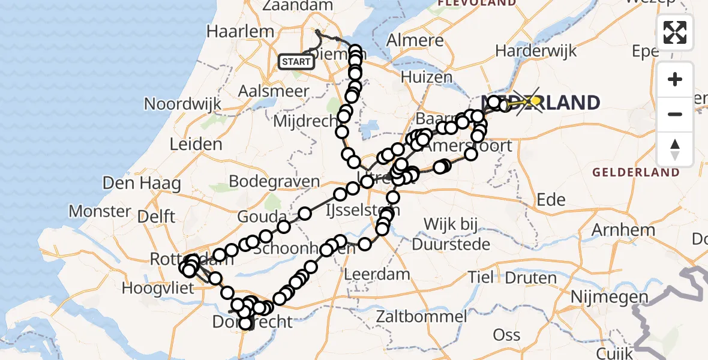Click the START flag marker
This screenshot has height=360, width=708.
pyautogui.click(x=296, y=62)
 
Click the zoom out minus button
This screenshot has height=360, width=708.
pyautogui.click(x=675, y=114)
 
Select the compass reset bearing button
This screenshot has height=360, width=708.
pyautogui.click(x=675, y=149)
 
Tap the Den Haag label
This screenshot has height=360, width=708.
pyautogui.click(x=142, y=182)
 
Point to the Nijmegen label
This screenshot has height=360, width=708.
pyautogui.click(x=610, y=296)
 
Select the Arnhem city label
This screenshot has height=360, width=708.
pyautogui.click(x=623, y=229)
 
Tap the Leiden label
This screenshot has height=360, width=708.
pyautogui.click(x=196, y=144)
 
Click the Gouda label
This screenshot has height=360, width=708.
pyautogui.click(x=262, y=216)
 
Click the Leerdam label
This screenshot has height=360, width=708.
pyautogui.click(x=377, y=275)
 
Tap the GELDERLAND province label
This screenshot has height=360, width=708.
pyautogui.click(x=636, y=172)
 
